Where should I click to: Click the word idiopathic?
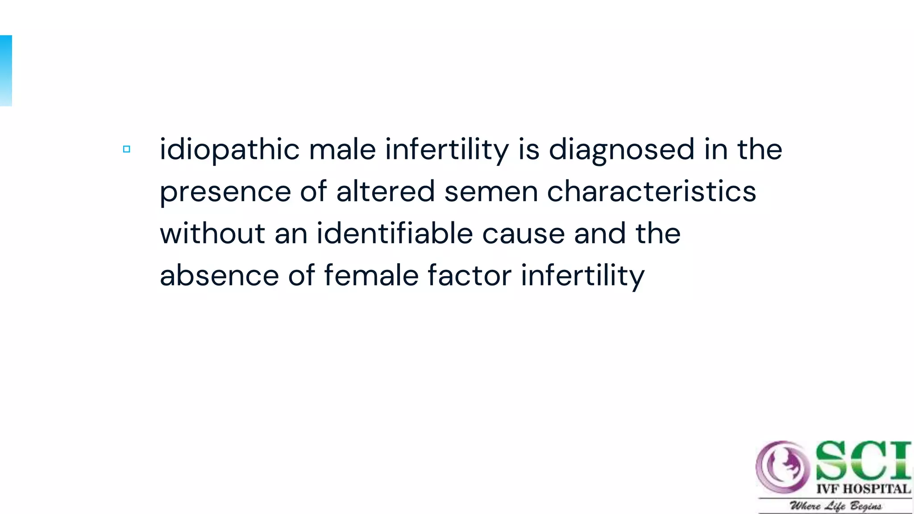[x=229, y=149]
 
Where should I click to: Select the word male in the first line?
[x=342, y=149]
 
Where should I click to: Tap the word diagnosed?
[x=621, y=149]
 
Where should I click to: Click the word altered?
[x=385, y=191]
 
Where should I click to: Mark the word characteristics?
[x=652, y=191]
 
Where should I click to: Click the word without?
[x=212, y=233]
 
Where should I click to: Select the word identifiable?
[x=395, y=233]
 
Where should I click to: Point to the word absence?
[x=219, y=275]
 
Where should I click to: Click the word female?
[x=371, y=275]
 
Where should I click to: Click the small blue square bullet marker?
[x=127, y=149]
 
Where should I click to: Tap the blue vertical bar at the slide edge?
[x=6, y=70]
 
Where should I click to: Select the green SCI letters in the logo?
[x=863, y=460]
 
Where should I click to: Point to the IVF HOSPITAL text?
[x=863, y=489]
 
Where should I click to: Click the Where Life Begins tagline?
[x=835, y=506]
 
